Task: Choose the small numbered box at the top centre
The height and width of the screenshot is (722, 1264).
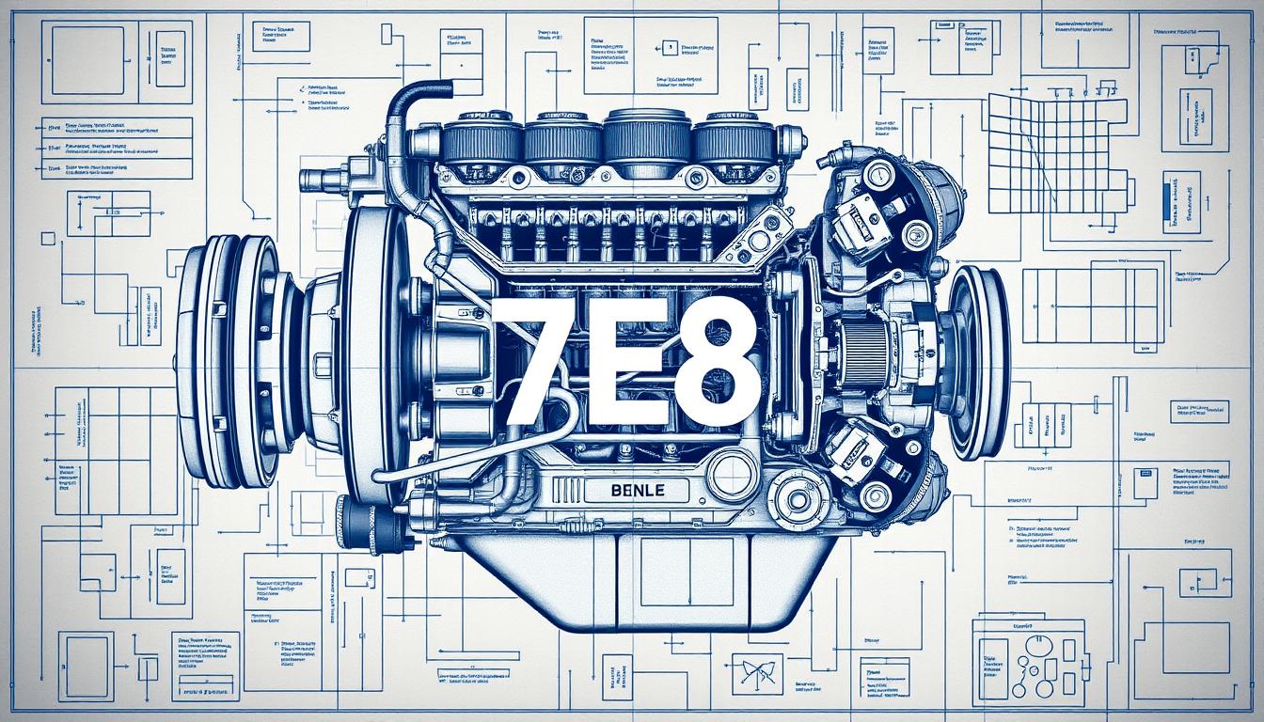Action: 670,46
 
